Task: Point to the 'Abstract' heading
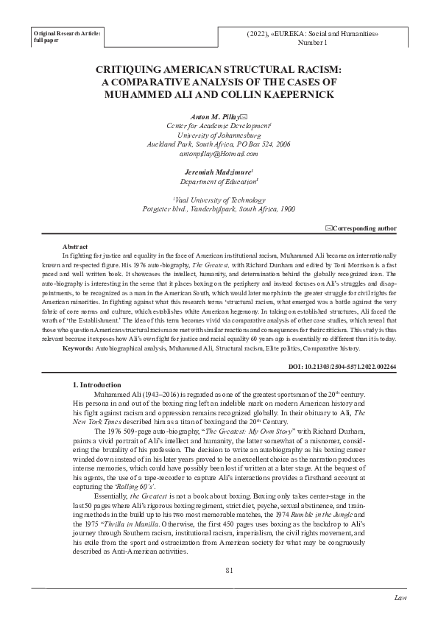(x=77, y=247)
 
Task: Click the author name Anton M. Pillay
(x=215, y=117)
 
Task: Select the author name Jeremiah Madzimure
(x=218, y=170)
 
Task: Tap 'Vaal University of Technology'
(x=219, y=199)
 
